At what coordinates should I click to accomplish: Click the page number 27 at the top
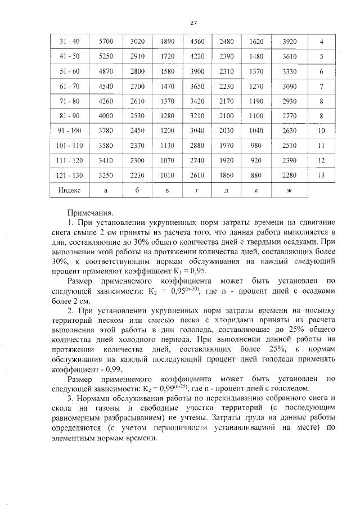193,22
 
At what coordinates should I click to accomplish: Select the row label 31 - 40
69,42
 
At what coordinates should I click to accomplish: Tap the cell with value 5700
106,42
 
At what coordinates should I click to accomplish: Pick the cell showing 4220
196,57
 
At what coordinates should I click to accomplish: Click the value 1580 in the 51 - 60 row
168,71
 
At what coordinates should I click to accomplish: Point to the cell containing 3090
289,87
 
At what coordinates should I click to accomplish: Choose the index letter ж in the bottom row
289,190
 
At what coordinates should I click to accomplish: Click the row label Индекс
69,190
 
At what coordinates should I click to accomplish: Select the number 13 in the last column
321,175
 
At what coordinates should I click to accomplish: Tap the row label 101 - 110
69,146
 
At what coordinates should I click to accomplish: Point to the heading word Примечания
90,214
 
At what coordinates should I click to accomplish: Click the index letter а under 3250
106,190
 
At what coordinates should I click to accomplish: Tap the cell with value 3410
106,160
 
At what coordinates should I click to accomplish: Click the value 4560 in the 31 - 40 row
196,42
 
